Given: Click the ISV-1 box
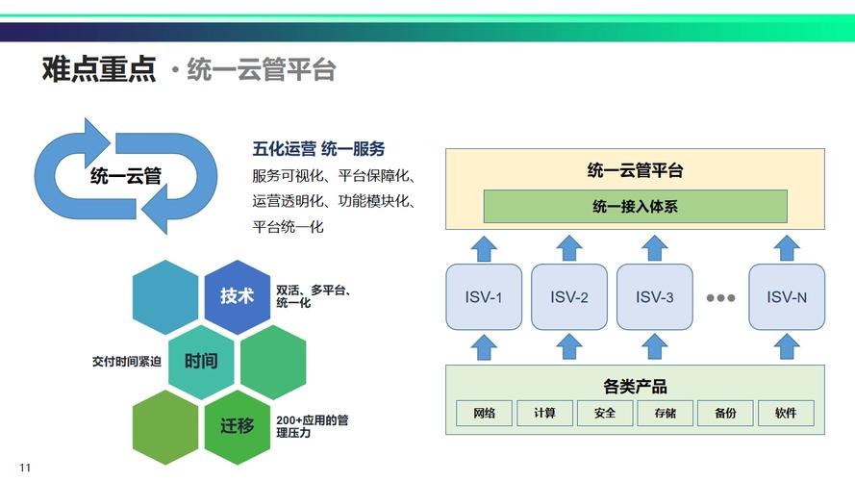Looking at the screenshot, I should (484, 296).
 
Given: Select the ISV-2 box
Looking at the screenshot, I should (569, 296).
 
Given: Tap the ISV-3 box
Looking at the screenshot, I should (655, 296).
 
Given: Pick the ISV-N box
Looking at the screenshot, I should (787, 296).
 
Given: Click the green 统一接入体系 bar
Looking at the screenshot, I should (635, 206).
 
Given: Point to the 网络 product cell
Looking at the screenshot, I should (485, 413).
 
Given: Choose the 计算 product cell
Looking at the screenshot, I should (544, 413).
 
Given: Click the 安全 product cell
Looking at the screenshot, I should (605, 413).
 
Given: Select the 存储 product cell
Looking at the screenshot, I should (665, 413).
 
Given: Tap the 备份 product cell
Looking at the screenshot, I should (725, 413).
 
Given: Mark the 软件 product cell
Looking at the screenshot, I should (786, 413).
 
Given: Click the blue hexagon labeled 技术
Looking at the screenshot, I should (238, 295).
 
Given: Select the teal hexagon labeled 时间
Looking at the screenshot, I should (201, 361).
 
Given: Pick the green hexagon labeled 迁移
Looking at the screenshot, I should (238, 425).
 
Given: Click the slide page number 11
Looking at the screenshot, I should (26, 468).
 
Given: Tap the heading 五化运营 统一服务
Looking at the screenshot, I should (318, 149).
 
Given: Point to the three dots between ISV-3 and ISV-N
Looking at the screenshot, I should (720, 297).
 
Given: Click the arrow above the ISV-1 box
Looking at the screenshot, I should (484, 247).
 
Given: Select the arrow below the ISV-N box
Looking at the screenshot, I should (787, 345).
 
